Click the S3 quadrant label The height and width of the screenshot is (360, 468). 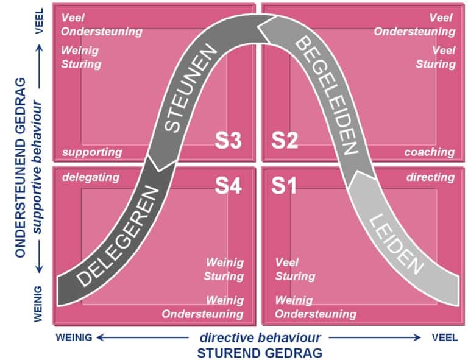pos(229,141)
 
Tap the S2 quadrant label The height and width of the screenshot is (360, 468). pos(284,141)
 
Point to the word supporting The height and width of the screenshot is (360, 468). pos(92,152)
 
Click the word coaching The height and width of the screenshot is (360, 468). pos(430,152)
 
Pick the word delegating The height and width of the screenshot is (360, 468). pos(91,177)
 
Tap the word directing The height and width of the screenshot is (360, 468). pos(431,177)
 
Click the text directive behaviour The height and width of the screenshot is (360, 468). pos(260,337)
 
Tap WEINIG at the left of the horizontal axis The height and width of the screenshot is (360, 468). pos(74,337)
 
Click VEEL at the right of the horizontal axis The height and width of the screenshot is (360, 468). pos(445,337)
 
